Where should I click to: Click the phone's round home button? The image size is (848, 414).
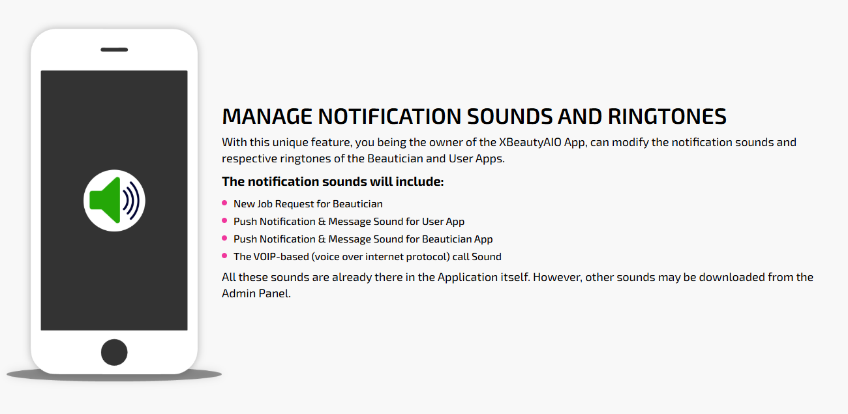click(114, 352)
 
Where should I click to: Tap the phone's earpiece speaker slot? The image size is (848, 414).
click(114, 50)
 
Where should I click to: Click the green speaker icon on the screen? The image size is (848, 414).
click(106, 200)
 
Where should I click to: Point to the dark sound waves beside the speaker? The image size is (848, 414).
click(131, 201)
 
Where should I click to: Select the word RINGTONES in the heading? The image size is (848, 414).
click(667, 116)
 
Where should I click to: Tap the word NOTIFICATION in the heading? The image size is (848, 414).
click(389, 116)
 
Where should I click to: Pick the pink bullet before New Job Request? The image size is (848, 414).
click(224, 203)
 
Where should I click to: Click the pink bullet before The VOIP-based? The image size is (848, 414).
click(224, 256)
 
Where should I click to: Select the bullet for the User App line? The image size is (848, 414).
click(224, 220)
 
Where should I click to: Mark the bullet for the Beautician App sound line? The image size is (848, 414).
click(224, 238)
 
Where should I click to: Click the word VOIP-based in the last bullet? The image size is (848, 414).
click(281, 257)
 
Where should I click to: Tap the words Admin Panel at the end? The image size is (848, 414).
click(256, 293)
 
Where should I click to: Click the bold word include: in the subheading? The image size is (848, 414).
click(419, 182)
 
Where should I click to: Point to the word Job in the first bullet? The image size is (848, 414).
click(265, 204)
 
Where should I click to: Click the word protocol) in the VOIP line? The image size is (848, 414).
click(428, 257)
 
